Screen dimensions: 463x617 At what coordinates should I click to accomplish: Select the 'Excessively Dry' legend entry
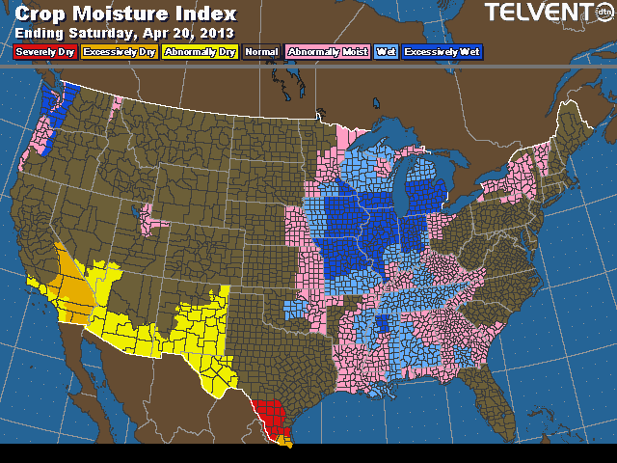(x=119, y=52)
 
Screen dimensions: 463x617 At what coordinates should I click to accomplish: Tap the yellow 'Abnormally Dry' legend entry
(x=200, y=52)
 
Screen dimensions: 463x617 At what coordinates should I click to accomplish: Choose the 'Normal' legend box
(x=261, y=52)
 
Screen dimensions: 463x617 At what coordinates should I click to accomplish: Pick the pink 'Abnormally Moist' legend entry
(x=329, y=52)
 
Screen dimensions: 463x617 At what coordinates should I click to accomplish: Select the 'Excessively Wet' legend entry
(x=443, y=52)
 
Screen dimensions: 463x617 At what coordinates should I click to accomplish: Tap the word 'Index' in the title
(x=201, y=14)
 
